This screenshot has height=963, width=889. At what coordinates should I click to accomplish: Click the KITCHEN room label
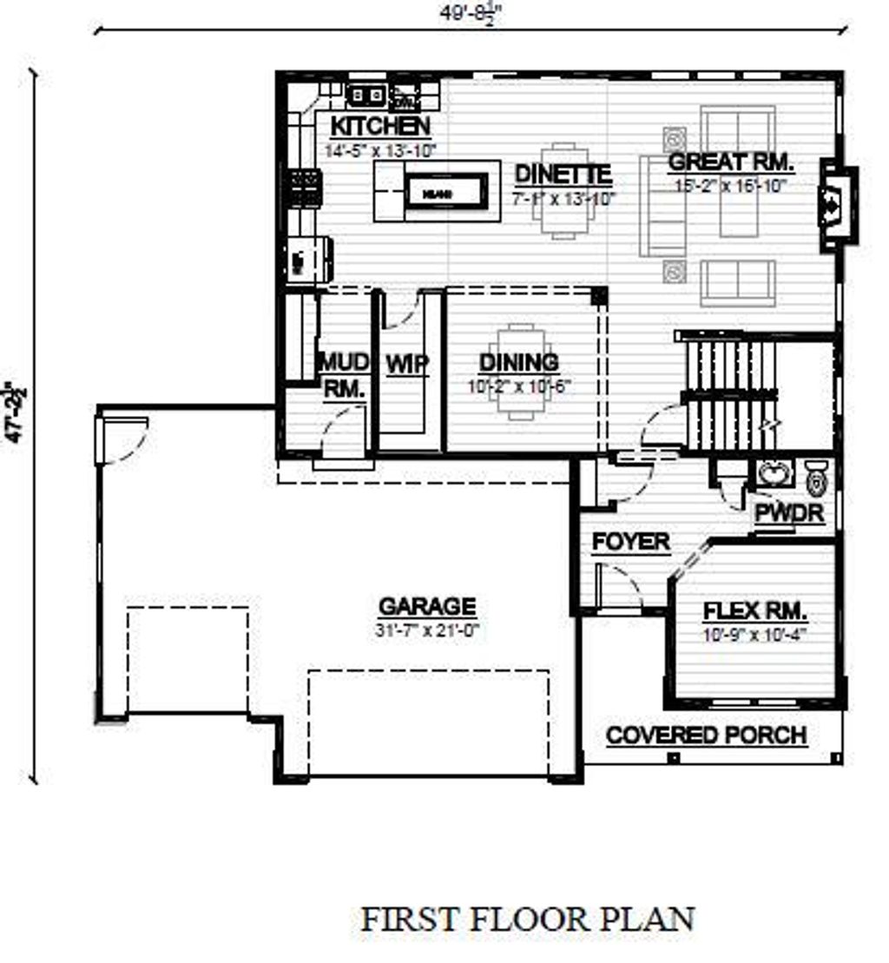coord(379,127)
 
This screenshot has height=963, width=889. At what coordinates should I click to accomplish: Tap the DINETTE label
coord(563,174)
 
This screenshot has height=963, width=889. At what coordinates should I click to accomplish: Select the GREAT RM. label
coord(732,162)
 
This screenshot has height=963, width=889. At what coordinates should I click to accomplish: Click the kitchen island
coord(437,191)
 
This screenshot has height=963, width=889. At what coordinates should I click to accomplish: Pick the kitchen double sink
coord(366,94)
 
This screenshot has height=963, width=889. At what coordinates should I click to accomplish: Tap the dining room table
coord(520,371)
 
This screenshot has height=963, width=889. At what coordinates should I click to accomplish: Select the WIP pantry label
coord(407,364)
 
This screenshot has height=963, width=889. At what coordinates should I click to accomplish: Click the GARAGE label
coord(427,606)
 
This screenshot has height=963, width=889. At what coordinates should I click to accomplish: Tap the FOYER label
coord(631,543)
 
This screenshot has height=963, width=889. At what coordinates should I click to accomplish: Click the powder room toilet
coord(817,478)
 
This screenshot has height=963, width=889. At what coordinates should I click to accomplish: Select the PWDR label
coord(788,514)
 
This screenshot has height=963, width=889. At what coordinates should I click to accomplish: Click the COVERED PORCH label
coord(706,735)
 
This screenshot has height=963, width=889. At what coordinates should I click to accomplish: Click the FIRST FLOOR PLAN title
coord(528,919)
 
